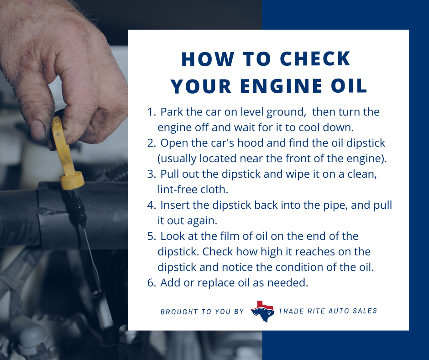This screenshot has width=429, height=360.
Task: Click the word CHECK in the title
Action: point(315,59)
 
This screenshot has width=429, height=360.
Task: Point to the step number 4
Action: point(152,205)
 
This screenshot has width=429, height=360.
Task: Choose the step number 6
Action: point(152,283)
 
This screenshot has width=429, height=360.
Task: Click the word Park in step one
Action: point(172,112)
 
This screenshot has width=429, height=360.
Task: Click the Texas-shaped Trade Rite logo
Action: point(262,311)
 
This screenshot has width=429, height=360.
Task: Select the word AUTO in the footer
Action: point(338,311)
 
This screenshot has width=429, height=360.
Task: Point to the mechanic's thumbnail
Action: point(38,131)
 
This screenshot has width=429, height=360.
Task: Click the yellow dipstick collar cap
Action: point(72,180)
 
